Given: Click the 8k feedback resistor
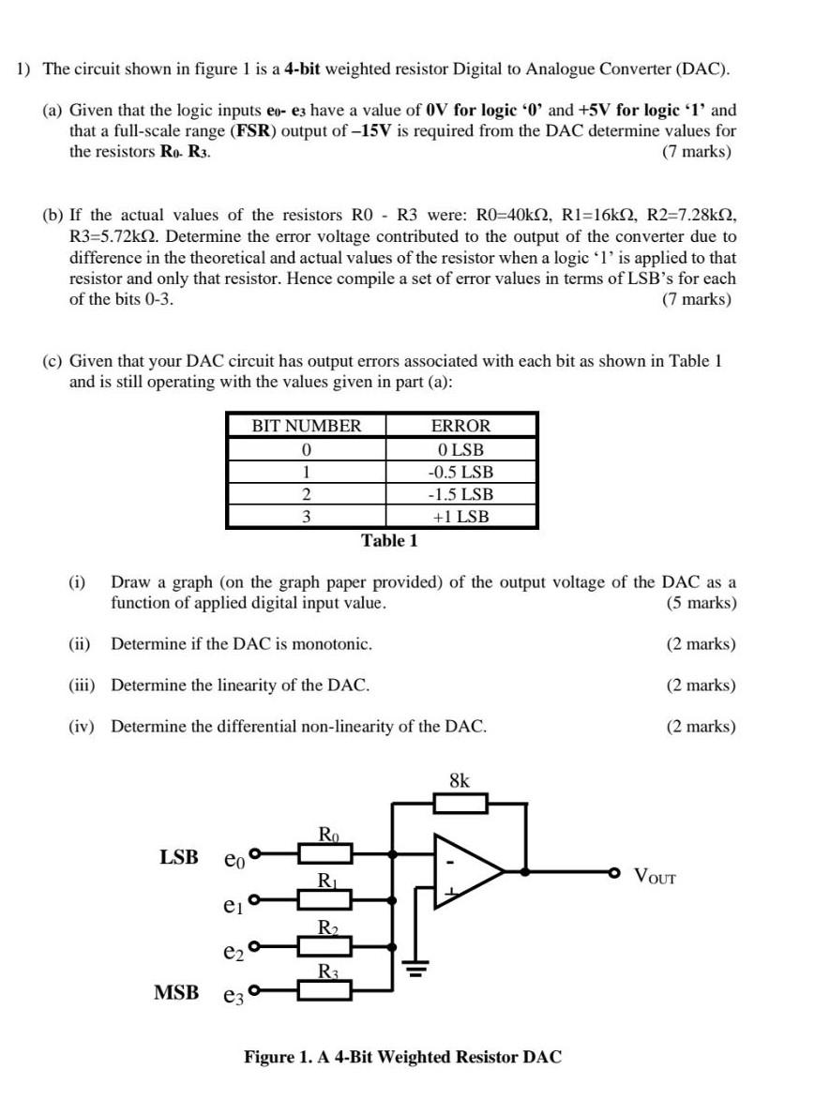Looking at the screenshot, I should coord(460,803).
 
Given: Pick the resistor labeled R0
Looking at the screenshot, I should coord(325,852).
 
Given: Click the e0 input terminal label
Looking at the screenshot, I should coord(234,857).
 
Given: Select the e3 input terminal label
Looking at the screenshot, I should coord(234,994).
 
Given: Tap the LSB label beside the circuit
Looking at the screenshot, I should coord(179,856).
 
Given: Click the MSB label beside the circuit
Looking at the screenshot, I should coord(177,991).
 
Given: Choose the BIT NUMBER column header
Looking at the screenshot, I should coord(306,426).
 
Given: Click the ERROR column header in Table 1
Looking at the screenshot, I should coord(460,426).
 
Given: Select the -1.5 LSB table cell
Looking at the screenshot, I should coord(460,494).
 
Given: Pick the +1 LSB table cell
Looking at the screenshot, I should coord(460,517).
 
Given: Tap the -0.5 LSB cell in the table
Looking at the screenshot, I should coord(460,472).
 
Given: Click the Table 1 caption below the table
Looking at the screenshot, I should coord(389,541).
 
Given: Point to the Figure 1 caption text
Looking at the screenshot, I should coord(403,1057).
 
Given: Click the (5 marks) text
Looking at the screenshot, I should coord(701,603).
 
